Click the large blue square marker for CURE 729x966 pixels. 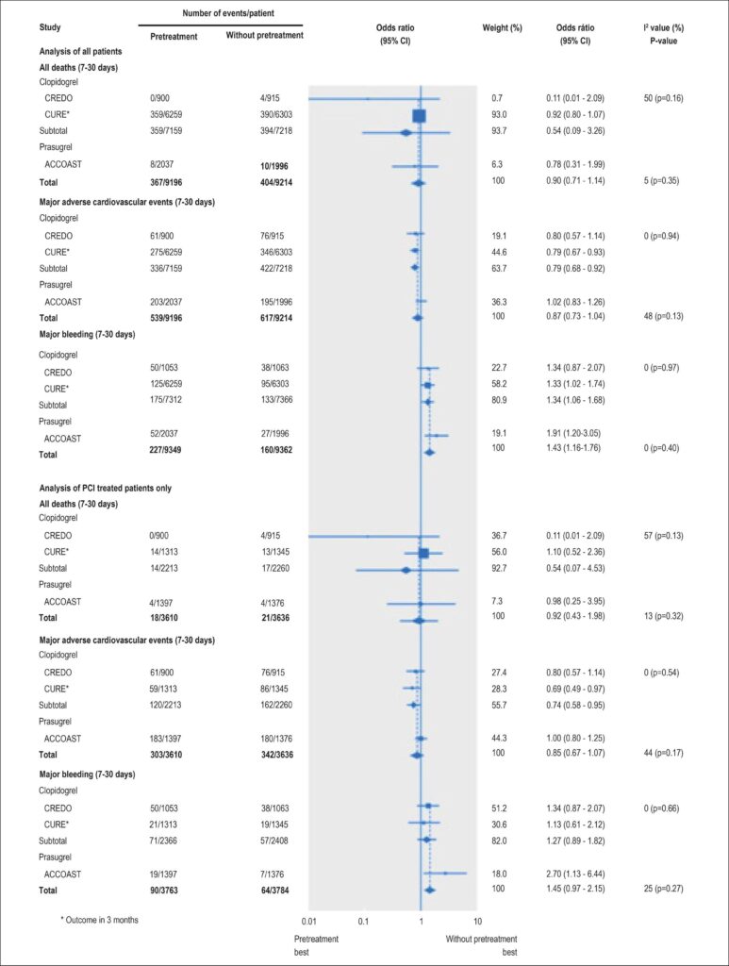(x=420, y=115)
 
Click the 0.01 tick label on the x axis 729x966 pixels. (x=308, y=922)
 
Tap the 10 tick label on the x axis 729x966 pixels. (x=477, y=922)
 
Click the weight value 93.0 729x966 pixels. (x=499, y=114)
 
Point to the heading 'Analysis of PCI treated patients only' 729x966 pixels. (x=106, y=488)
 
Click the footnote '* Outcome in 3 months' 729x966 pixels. (x=99, y=920)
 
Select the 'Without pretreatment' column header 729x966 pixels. (x=264, y=35)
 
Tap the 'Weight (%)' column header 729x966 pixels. (x=502, y=27)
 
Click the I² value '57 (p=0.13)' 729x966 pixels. (x=663, y=536)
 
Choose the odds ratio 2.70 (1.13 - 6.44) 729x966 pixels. (x=575, y=874)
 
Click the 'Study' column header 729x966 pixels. (x=50, y=27)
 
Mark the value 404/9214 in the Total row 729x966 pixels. (x=276, y=182)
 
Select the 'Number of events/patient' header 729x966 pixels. (x=228, y=13)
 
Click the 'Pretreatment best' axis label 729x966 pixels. (x=317, y=945)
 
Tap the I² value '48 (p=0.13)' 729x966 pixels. (x=662, y=316)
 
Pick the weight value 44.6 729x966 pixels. (x=499, y=252)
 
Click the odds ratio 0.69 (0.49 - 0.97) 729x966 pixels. (x=575, y=689)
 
